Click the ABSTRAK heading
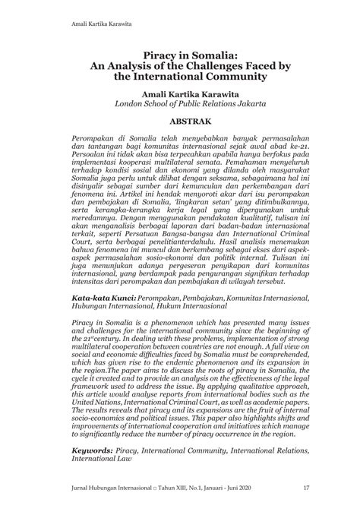180,121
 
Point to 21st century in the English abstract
105,362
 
